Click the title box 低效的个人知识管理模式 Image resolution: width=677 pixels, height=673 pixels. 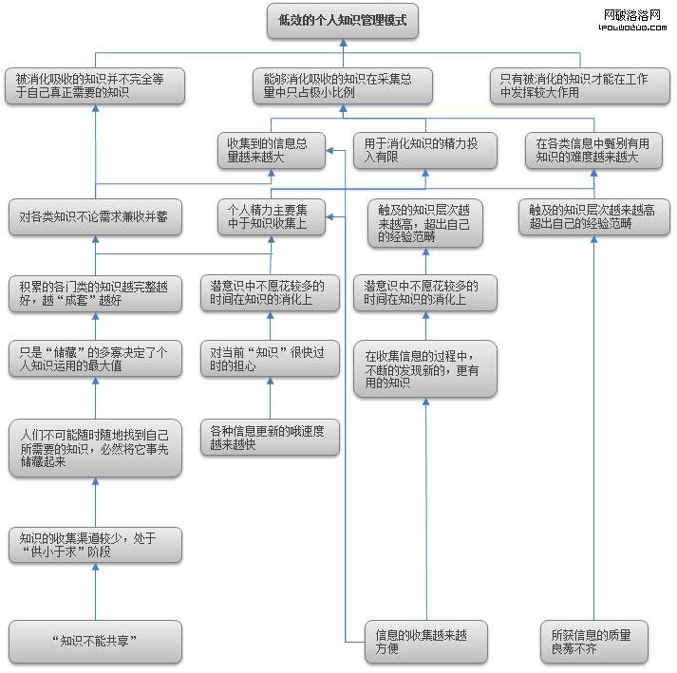pos(343,21)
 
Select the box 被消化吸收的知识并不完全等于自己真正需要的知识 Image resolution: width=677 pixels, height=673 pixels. pos(95,86)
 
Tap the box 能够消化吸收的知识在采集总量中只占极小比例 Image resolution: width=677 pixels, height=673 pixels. pos(343,86)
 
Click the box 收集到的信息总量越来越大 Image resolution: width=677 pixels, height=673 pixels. pos(271,150)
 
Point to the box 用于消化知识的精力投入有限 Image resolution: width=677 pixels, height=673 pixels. pos(424,150)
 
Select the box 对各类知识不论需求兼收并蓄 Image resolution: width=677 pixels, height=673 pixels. pos(95,217)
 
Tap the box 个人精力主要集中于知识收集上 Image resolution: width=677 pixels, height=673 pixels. pos(271,217)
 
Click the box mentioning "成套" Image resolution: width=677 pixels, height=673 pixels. pos(95,294)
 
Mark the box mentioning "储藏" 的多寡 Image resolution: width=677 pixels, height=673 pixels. pos(95,358)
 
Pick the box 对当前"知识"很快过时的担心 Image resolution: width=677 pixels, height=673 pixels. pos(271,358)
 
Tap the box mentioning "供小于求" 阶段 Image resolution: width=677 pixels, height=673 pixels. pos(95,546)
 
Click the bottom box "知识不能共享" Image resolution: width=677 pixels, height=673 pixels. pos(95,641)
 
